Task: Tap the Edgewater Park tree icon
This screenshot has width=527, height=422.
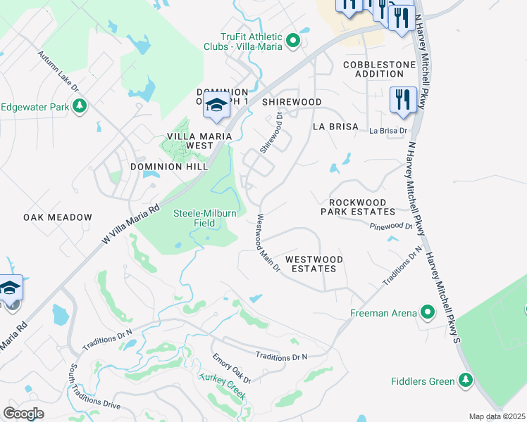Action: tap(80, 106)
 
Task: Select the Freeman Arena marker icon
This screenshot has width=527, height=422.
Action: tap(427, 312)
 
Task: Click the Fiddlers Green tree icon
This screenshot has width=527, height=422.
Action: tap(465, 381)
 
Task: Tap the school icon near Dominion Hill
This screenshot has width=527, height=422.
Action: tap(217, 107)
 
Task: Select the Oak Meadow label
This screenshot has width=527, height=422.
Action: tap(58, 217)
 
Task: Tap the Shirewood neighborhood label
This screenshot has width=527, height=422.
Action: tap(292, 102)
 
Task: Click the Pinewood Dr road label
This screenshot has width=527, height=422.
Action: tap(391, 226)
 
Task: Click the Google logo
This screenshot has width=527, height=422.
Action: tap(23, 413)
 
